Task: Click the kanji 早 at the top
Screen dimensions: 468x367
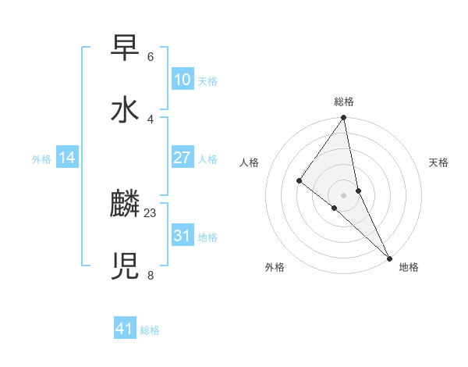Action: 125,48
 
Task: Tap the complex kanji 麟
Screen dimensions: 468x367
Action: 125,205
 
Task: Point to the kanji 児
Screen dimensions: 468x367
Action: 125,266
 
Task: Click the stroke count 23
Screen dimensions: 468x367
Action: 151,212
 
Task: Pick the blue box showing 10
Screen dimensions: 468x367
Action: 182,80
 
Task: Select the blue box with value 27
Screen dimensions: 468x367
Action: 182,158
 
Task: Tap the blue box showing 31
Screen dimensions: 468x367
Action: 182,236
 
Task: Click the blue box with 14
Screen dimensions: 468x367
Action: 67,159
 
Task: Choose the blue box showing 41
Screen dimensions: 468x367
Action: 125,329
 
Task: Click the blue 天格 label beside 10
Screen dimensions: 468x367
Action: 207,81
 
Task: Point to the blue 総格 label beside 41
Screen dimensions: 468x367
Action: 150,330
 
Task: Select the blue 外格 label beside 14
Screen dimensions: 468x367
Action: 41,159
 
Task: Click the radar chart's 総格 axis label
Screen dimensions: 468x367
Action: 344,102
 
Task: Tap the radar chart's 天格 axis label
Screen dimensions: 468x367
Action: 438,162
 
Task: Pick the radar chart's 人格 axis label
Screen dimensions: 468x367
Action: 250,162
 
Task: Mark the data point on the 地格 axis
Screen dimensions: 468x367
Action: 390,258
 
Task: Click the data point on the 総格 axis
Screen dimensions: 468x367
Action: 344,118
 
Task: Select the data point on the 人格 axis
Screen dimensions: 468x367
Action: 299,180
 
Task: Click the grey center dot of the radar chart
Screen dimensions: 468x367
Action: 344,194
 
